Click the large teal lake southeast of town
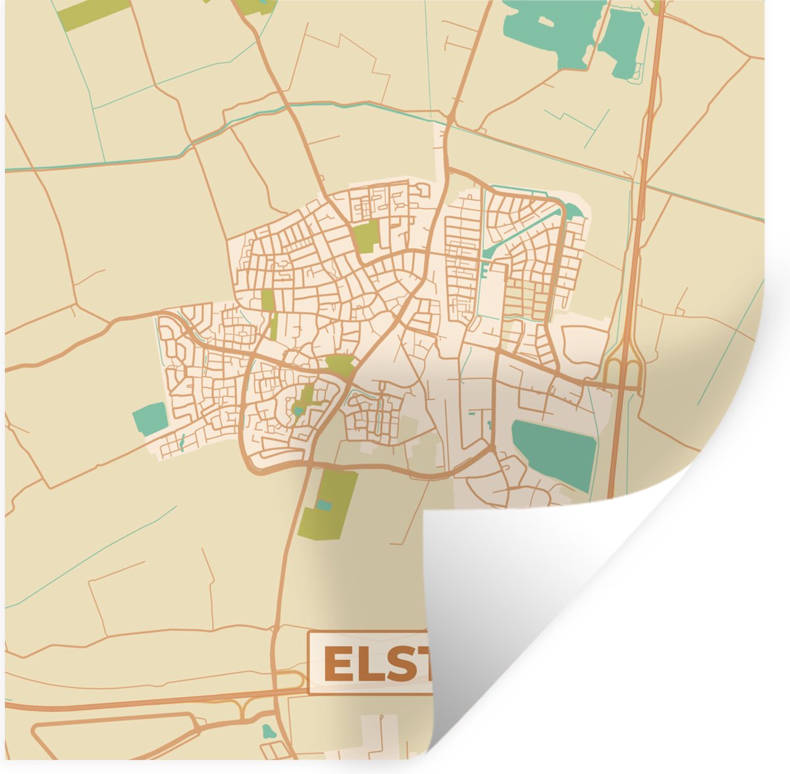pyautogui.click(x=554, y=453)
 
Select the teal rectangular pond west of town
pyautogui.click(x=149, y=419)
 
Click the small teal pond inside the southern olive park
pyautogui.click(x=323, y=505)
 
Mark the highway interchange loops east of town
pyautogui.click(x=624, y=372)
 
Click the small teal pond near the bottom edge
pyautogui.click(x=267, y=731)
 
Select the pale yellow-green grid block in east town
pyautogui.click(x=527, y=299)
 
